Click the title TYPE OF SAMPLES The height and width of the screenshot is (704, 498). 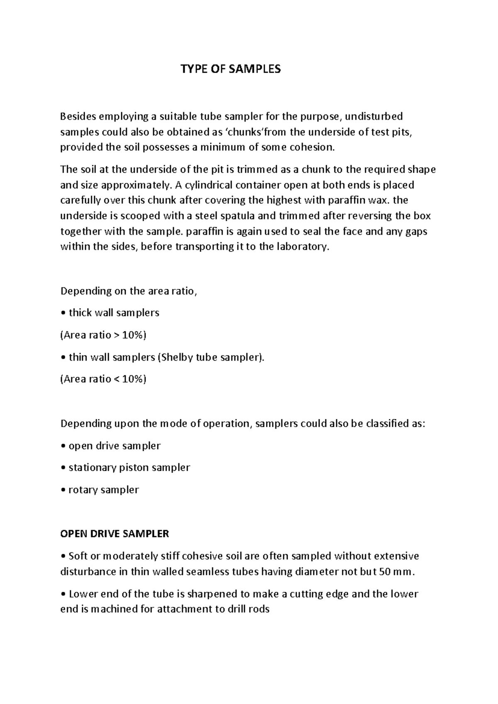tap(230, 69)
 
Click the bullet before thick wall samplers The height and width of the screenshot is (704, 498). tap(63, 313)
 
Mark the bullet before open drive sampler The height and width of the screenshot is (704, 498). tap(63, 446)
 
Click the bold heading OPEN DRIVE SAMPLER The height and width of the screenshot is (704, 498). tap(115, 534)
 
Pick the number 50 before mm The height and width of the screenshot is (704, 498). tap(385, 572)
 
